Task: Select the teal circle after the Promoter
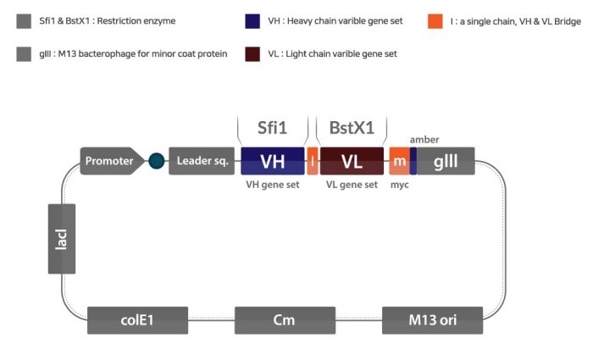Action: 156,161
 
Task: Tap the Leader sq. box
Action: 202,161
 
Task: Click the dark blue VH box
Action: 272,161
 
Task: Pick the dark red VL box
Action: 352,161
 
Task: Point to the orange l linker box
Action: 312,161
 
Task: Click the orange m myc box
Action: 399,161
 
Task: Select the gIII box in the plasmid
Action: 446,161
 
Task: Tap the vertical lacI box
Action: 62,238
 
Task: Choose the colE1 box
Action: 137,320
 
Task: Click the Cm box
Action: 284,320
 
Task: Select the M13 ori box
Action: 432,320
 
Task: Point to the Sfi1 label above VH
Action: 273,128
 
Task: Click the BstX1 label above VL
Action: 352,128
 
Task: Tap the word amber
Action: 424,139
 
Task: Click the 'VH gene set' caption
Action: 271,185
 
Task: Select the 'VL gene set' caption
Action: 352,185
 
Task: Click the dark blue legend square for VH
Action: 252,21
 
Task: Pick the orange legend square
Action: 435,21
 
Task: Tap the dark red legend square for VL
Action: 252,54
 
